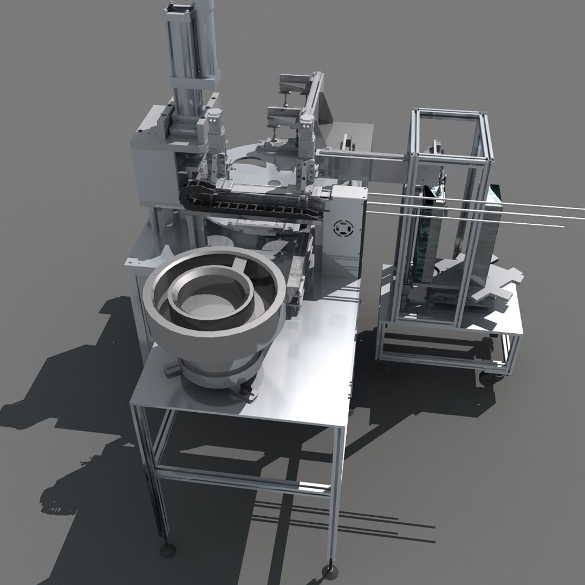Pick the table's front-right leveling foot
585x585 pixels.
[x=328, y=570]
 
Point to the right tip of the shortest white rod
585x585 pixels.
[x=563, y=226]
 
